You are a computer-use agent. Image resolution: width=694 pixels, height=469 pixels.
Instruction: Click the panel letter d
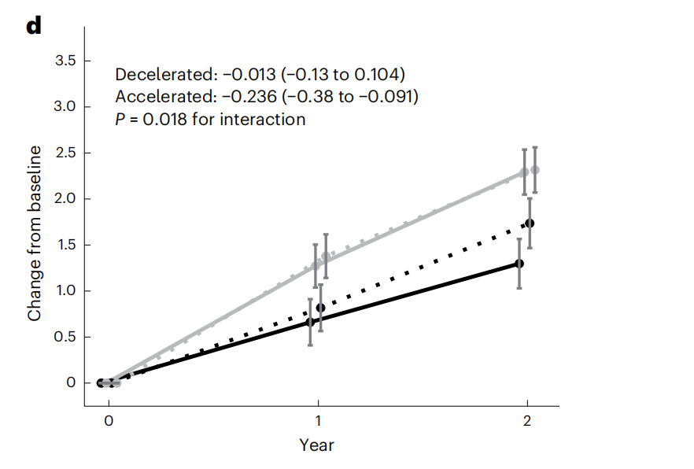pos(33,25)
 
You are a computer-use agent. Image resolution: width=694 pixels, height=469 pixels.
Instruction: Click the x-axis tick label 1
pos(317,421)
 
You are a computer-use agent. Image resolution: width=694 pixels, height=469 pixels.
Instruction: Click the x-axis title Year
pos(316,445)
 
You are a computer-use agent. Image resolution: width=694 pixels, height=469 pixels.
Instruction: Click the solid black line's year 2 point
pos(519,263)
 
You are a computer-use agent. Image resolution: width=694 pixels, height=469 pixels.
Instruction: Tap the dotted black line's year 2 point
pos(530,223)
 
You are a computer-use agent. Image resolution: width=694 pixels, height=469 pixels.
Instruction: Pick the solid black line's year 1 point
pos(310,321)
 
